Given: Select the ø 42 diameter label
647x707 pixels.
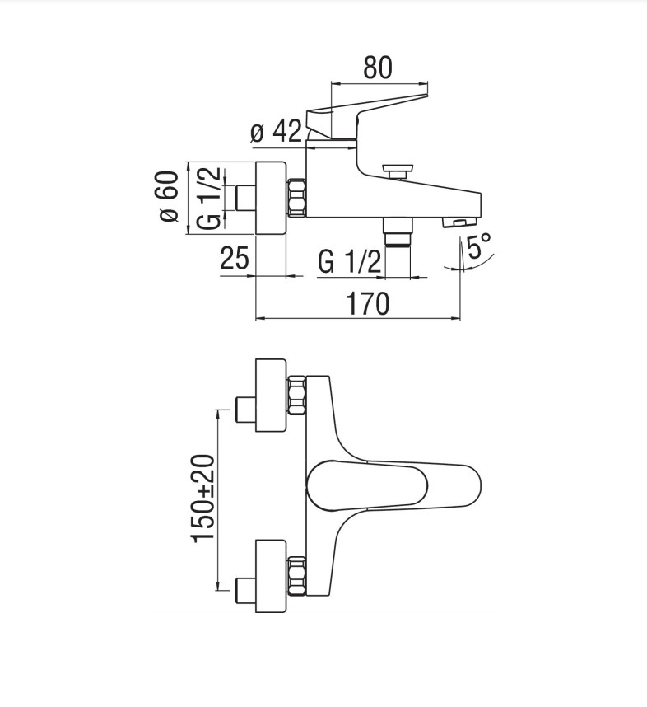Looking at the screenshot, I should click(275, 130).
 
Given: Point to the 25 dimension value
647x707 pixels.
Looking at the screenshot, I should click(235, 259).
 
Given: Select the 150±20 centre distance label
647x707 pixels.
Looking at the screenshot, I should click(202, 498).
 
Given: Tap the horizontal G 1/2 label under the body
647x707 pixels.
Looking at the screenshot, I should click(350, 262).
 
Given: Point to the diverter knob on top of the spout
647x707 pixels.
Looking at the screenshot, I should click(398, 170).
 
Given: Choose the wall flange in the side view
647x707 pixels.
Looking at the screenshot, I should click(271, 198).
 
